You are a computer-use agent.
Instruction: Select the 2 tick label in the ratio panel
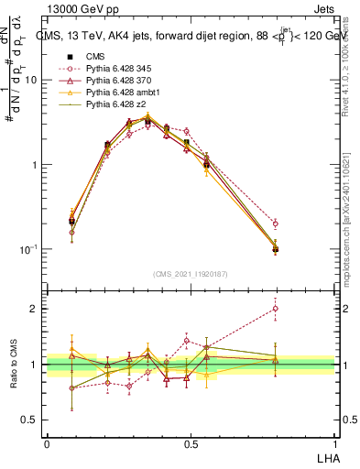(38, 309)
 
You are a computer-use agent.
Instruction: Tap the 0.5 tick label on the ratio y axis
(33, 421)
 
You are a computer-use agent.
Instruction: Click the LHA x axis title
(324, 457)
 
